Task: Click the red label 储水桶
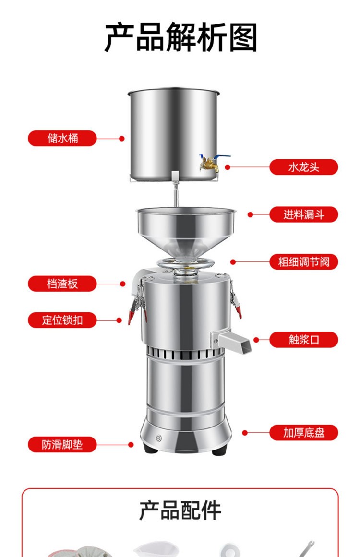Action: [62, 138]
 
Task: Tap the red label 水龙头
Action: [303, 167]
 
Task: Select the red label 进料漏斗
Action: [303, 214]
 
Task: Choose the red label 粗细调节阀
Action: [303, 262]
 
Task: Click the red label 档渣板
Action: [62, 284]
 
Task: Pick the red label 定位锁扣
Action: [62, 320]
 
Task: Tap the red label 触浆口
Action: [303, 340]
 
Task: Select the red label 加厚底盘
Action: [303, 433]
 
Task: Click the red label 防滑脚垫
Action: [62, 444]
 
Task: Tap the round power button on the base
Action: [158, 438]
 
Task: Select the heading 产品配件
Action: [180, 510]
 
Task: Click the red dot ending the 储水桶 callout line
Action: [122, 139]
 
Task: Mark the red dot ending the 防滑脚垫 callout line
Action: [131, 444]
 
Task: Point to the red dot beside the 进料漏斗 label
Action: [250, 214]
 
